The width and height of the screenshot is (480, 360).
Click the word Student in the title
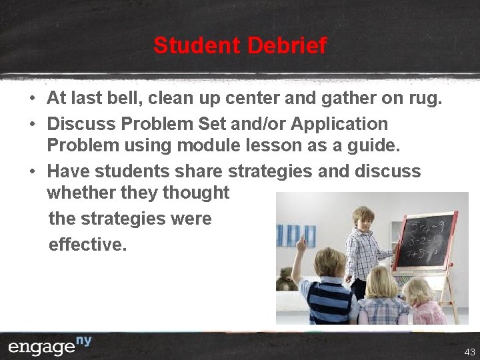(197, 45)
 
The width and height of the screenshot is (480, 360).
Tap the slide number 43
(469, 351)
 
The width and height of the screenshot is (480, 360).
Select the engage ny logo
(50, 347)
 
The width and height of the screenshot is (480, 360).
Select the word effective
(87, 245)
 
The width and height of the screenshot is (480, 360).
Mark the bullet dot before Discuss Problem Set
(32, 124)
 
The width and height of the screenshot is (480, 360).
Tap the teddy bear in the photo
(286, 278)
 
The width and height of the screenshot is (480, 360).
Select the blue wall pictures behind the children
(297, 235)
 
